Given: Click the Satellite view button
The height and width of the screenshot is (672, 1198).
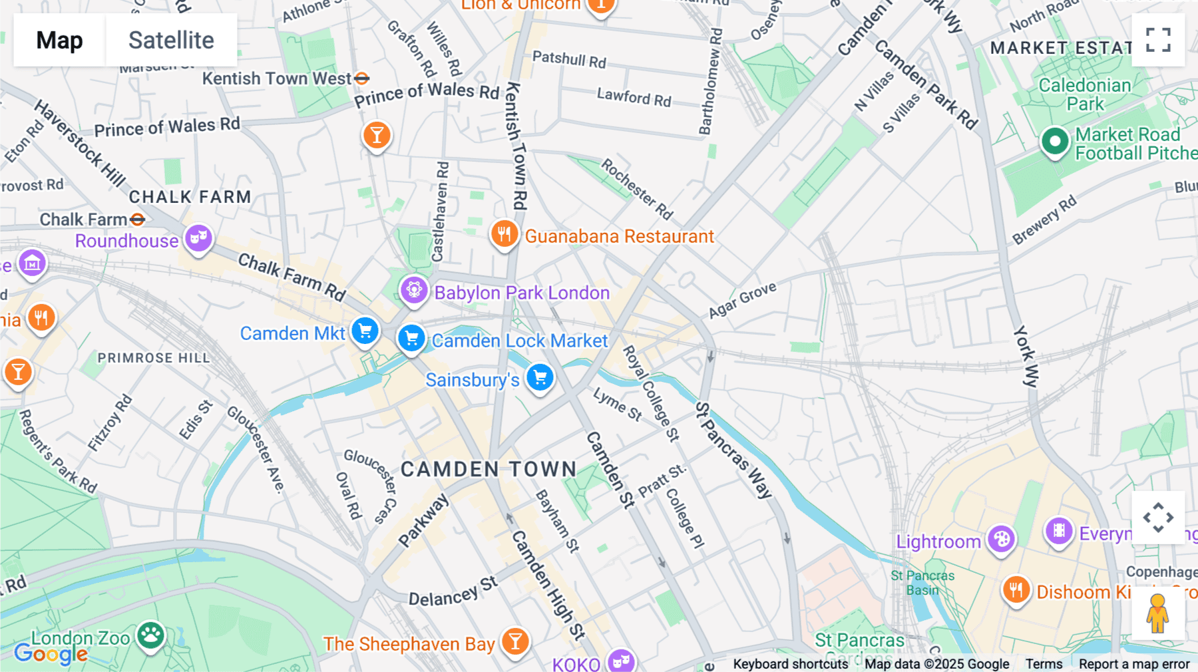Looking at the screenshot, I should pyautogui.click(x=171, y=40).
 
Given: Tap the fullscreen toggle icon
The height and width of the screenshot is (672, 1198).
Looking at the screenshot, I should pyautogui.click(x=1158, y=40).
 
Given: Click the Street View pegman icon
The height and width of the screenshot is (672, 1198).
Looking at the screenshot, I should pyautogui.click(x=1158, y=613).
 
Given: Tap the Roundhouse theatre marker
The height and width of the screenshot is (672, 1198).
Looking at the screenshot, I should pyautogui.click(x=198, y=238).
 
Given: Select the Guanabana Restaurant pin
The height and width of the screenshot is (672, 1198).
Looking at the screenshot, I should pyautogui.click(x=504, y=234).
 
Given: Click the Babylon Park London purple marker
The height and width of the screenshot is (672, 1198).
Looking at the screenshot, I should pyautogui.click(x=414, y=291).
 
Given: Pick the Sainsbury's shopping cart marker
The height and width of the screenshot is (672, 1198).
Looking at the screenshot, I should pyautogui.click(x=540, y=377).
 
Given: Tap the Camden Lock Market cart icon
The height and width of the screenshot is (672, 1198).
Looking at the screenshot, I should pyautogui.click(x=411, y=338).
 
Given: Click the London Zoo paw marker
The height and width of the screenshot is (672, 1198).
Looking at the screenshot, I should pyautogui.click(x=151, y=635).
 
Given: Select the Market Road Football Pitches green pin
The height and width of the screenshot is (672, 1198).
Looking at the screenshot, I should pyautogui.click(x=1055, y=141).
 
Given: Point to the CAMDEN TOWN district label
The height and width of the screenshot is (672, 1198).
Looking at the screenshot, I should pyautogui.click(x=489, y=469).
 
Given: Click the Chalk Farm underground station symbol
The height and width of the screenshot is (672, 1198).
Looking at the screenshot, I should pyautogui.click(x=138, y=219).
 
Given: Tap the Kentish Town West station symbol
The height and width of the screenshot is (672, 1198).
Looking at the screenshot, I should pyautogui.click(x=361, y=79).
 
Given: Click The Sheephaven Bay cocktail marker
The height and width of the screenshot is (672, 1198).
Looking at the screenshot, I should pyautogui.click(x=515, y=641).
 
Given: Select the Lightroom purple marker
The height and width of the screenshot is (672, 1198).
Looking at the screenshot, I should pyautogui.click(x=1001, y=539).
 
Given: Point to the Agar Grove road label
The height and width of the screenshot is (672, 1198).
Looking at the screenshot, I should pyautogui.click(x=742, y=301).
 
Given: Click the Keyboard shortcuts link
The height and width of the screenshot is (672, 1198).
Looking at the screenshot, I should pyautogui.click(x=790, y=664).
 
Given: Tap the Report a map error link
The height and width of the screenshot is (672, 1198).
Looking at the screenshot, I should pyautogui.click(x=1133, y=664).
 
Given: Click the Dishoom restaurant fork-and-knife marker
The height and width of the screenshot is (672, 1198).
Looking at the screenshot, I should pyautogui.click(x=1016, y=589).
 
